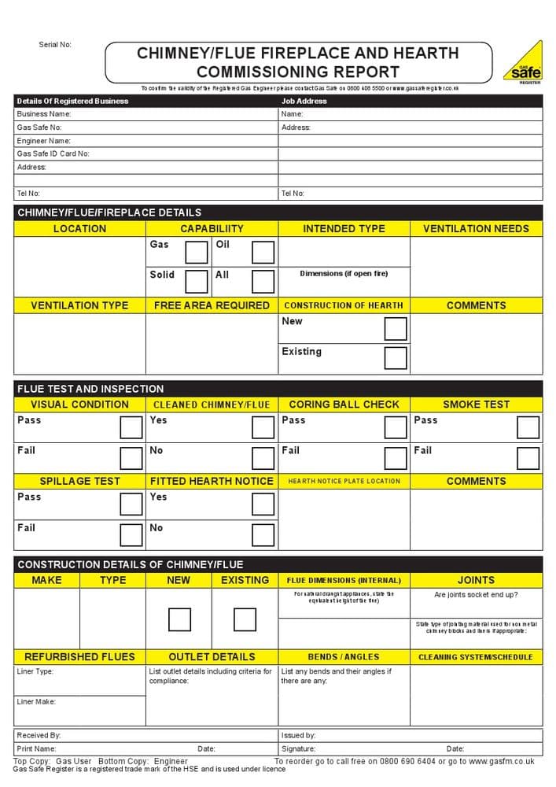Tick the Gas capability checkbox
(x=197, y=252)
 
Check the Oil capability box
(x=263, y=252)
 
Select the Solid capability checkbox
(x=197, y=282)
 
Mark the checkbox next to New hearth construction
(x=396, y=328)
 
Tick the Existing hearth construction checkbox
(x=396, y=358)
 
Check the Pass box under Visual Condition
(x=131, y=427)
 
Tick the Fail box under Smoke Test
(x=528, y=458)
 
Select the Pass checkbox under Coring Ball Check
(x=396, y=427)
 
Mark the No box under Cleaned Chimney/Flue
(x=263, y=458)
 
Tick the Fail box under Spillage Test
(x=131, y=534)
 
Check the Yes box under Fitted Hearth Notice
(x=263, y=504)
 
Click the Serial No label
(x=55, y=45)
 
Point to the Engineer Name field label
(x=44, y=141)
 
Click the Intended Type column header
(x=344, y=229)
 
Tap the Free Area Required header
(x=212, y=305)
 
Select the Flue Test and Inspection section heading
(x=90, y=389)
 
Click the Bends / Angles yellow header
(x=344, y=656)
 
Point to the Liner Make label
(x=36, y=701)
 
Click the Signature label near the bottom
(x=298, y=749)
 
